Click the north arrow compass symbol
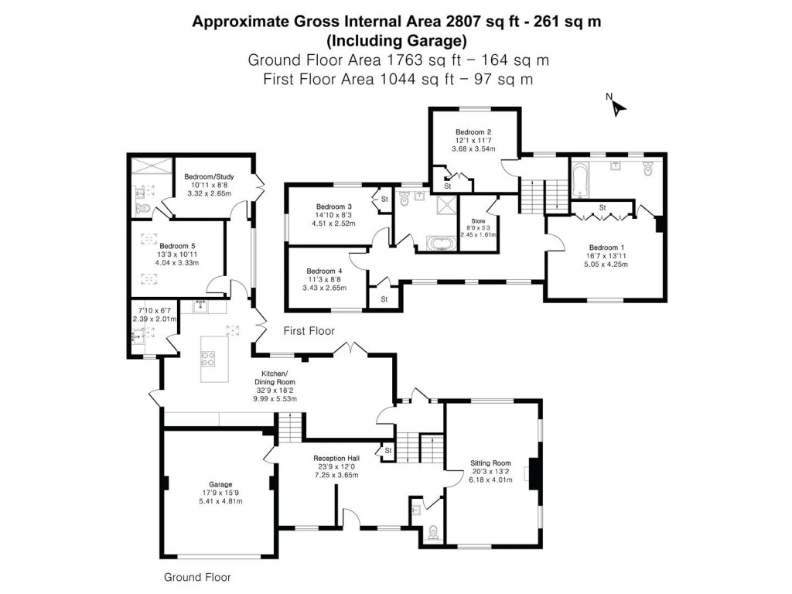(x=616, y=104)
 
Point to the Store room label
(x=478, y=220)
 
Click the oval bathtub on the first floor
(x=438, y=244)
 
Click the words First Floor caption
(x=309, y=331)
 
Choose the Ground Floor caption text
(x=197, y=577)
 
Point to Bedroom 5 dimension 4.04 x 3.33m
(x=179, y=263)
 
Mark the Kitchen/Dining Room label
(x=275, y=377)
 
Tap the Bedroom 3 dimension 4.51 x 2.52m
(x=333, y=224)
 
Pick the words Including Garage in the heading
(x=396, y=40)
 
